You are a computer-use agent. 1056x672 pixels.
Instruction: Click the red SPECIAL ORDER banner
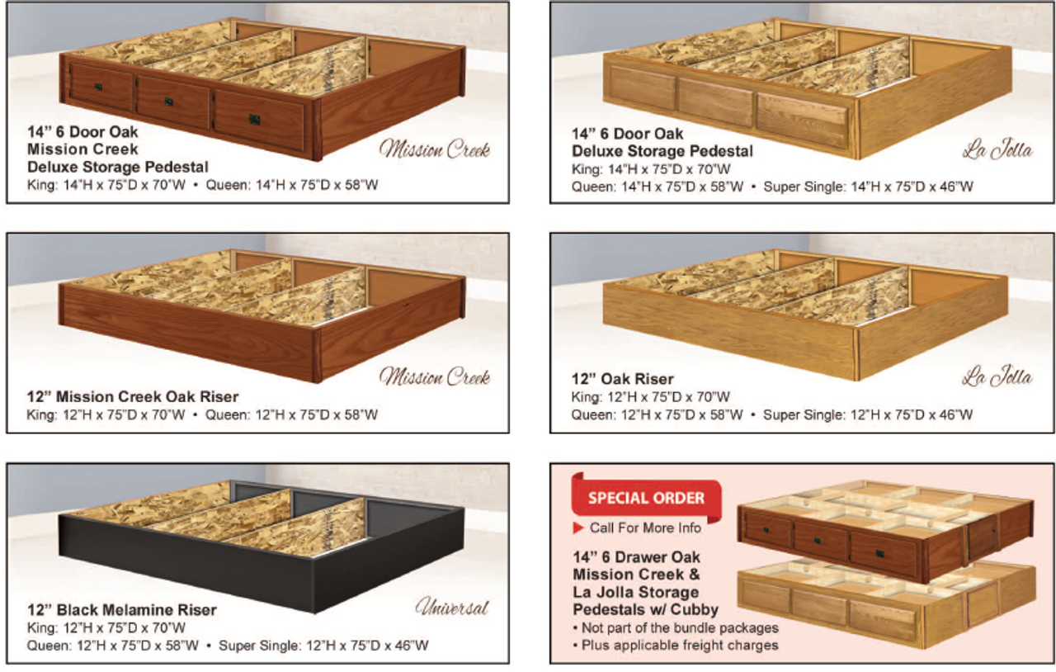pyautogui.click(x=646, y=498)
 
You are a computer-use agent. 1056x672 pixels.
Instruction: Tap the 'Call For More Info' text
pyautogui.click(x=645, y=528)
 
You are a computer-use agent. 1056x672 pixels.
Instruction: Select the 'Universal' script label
pyautogui.click(x=451, y=608)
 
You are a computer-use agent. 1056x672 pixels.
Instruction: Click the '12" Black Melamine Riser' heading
pyautogui.click(x=122, y=610)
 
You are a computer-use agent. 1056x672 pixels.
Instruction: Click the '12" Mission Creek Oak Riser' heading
pyautogui.click(x=133, y=397)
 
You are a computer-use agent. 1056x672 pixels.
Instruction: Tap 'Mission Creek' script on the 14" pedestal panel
pyautogui.click(x=435, y=149)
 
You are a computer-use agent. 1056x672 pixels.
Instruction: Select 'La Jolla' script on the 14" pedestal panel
pyautogui.click(x=997, y=151)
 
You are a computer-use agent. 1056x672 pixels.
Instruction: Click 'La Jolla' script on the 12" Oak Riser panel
pyautogui.click(x=997, y=377)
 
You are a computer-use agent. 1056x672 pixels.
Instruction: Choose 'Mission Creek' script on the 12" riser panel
pyautogui.click(x=435, y=377)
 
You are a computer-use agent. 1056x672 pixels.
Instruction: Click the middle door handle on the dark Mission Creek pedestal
pyautogui.click(x=169, y=102)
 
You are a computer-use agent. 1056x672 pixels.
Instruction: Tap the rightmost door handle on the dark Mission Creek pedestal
pyautogui.click(x=254, y=120)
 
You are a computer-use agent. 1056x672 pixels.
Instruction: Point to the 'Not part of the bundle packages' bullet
pyautogui.click(x=676, y=628)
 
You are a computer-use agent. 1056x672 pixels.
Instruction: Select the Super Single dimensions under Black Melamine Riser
pyautogui.click(x=323, y=646)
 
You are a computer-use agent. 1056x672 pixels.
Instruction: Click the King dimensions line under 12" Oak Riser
pyautogui.click(x=651, y=397)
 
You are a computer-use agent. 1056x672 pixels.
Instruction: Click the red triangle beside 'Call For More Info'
pyautogui.click(x=579, y=528)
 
